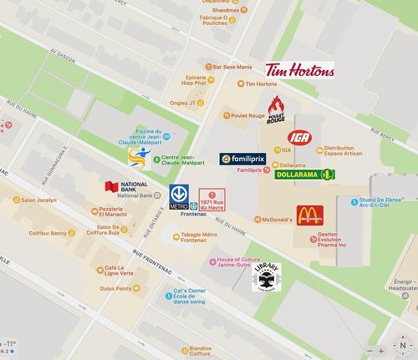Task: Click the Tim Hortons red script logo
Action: coord(299,69)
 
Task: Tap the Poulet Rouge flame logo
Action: coord(276,110)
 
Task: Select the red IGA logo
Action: coord(298,137)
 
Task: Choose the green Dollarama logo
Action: coord(305,174)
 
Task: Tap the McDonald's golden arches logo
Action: coord(309,215)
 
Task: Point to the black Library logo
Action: coord(267,276)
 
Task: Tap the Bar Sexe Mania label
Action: coord(232,67)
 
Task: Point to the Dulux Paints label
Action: coord(112,288)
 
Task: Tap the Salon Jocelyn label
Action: coord(35,200)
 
